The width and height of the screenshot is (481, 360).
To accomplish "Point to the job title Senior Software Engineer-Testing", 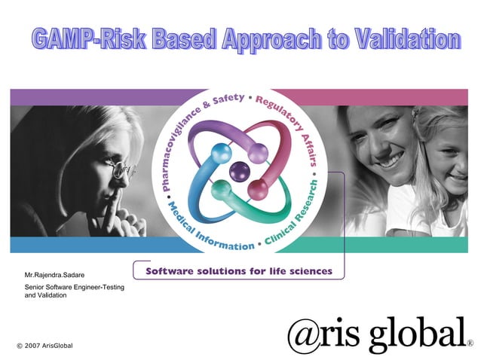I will (75, 288).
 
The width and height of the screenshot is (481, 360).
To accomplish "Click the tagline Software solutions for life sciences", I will (238, 271).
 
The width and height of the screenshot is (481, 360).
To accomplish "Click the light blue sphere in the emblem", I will (221, 152).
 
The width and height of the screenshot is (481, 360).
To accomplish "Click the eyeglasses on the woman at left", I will (121, 170).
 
